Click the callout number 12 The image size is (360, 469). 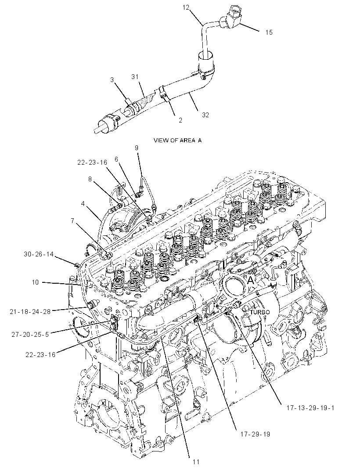(x=186, y=7)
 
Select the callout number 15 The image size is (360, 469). (x=269, y=32)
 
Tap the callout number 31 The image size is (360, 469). (x=135, y=77)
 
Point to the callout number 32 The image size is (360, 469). (x=205, y=115)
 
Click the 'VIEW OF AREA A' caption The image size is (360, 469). (x=178, y=140)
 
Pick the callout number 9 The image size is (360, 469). (x=137, y=148)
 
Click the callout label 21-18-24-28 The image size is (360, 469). (x=30, y=311)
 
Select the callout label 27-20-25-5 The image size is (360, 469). (x=30, y=334)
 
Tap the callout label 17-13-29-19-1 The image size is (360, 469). (x=310, y=408)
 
